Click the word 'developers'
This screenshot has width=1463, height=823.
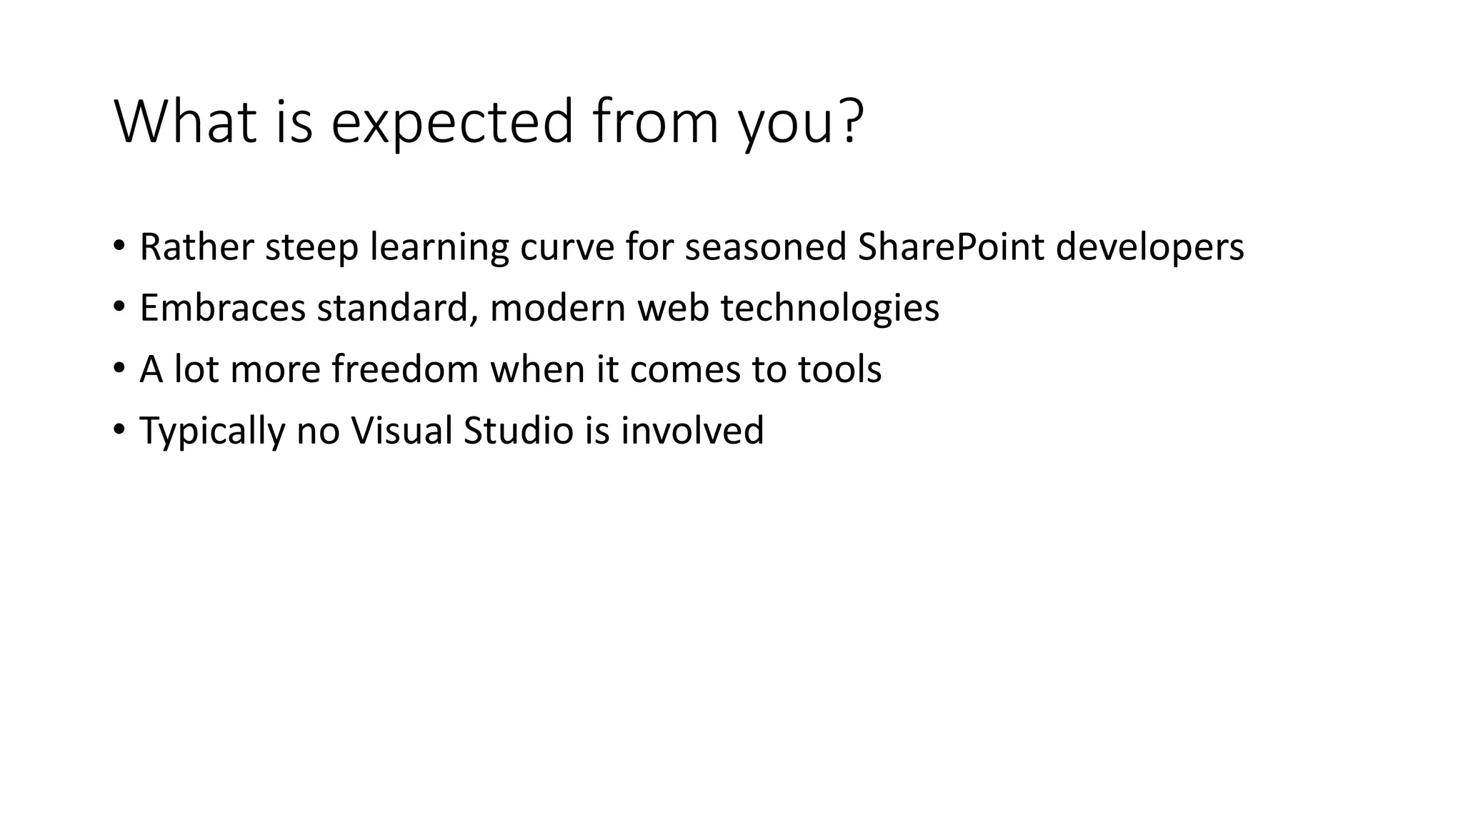[1149, 249]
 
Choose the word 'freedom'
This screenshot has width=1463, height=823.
[405, 370]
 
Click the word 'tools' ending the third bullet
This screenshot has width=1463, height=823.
[839, 370]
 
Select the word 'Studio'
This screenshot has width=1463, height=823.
[519, 431]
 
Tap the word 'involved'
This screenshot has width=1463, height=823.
[691, 431]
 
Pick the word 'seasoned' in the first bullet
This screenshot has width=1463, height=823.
[765, 247]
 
